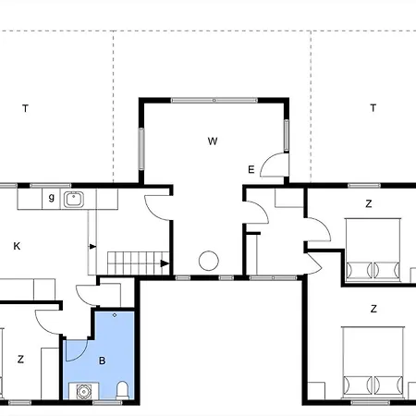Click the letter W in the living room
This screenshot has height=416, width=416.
click(213, 141)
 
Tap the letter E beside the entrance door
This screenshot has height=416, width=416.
click(251, 169)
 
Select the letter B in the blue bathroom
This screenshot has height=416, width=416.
click(103, 361)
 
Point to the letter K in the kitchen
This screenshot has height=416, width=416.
click(17, 246)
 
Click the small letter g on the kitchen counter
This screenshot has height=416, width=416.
click(52, 198)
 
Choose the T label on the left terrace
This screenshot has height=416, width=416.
click(25, 108)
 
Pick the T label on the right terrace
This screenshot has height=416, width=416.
click(373, 108)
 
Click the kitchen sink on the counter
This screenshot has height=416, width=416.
click(74, 200)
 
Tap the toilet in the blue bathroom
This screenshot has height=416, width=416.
click(122, 390)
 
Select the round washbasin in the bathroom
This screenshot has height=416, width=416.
click(83, 392)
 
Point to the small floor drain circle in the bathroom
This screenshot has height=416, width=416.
click(115, 315)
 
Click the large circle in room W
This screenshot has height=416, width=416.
click(209, 261)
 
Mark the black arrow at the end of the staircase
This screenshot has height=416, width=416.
click(165, 263)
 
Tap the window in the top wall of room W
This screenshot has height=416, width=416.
click(214, 100)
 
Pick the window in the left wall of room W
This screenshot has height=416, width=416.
click(141, 149)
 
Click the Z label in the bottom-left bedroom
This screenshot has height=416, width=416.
click(20, 360)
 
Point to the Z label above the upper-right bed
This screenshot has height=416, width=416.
click(369, 203)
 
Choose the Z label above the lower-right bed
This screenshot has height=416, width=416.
click(373, 309)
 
